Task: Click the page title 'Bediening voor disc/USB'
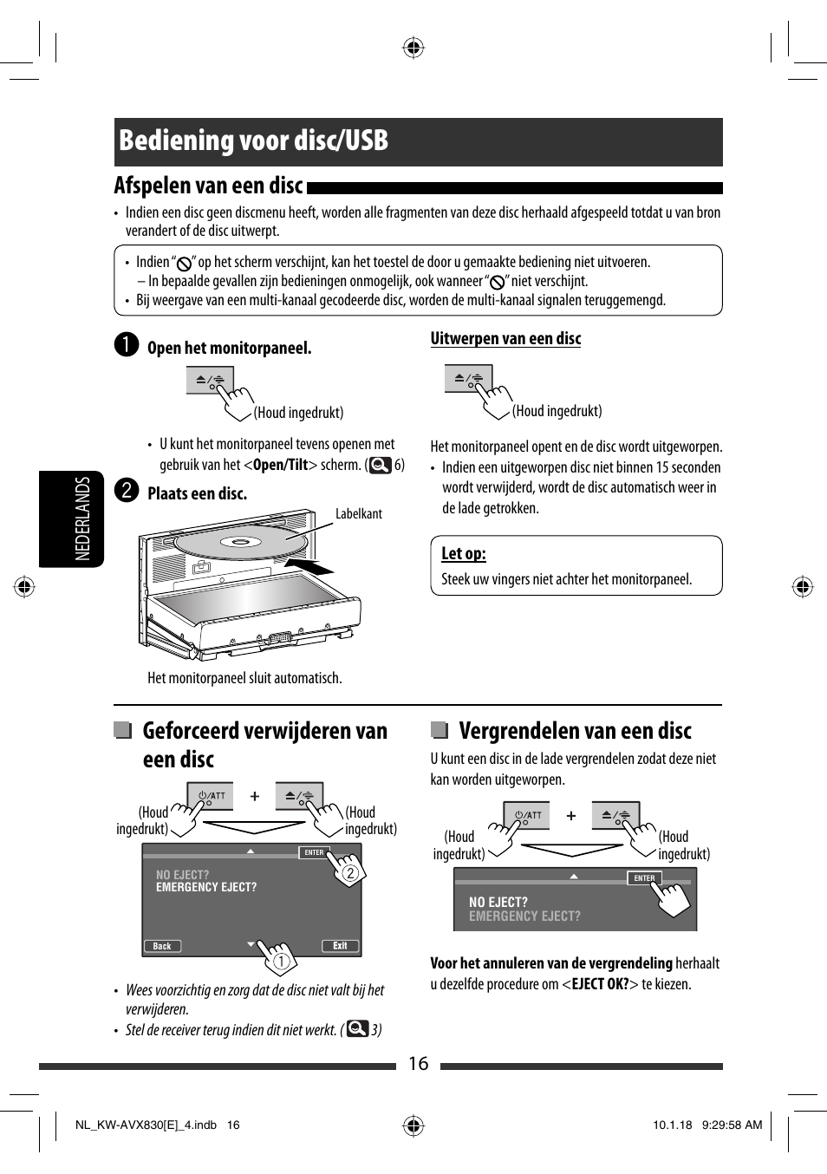[x=254, y=141]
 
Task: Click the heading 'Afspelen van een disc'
[x=208, y=186]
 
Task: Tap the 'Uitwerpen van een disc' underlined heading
[x=505, y=339]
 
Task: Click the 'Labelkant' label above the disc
[x=358, y=514]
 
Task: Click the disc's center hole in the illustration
[x=240, y=543]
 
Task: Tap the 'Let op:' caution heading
[x=463, y=554]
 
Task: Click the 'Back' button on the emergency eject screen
[x=162, y=946]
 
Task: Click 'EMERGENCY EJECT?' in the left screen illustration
[x=206, y=888]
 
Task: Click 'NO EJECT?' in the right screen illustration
[x=498, y=903]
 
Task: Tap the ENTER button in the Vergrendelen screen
[x=644, y=878]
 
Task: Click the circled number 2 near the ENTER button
[x=350, y=873]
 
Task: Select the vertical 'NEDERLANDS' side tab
[x=82, y=519]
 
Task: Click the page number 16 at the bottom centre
[x=418, y=1064]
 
